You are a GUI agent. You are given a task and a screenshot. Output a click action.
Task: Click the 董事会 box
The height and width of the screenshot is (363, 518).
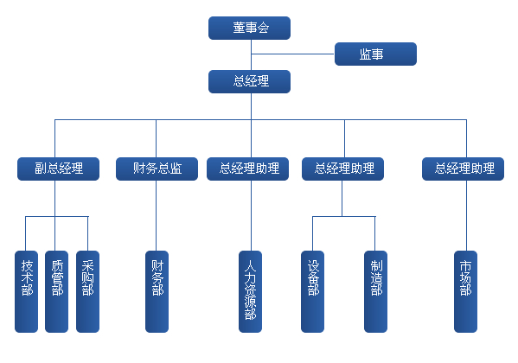249,28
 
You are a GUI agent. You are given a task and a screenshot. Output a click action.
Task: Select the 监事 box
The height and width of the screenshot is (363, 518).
375,54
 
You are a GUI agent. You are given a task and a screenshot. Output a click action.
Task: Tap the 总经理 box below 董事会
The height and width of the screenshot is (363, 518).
249,81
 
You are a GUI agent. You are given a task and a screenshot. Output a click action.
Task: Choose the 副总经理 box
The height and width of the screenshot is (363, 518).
58,169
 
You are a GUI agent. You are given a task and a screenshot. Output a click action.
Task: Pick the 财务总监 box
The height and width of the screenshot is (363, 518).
157,169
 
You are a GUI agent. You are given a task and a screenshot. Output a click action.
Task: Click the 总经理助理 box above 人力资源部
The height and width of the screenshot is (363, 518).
248,169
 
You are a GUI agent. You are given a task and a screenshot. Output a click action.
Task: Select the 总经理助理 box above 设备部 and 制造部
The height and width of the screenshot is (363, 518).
343,169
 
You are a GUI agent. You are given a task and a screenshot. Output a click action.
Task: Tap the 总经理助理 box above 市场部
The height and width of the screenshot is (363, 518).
464,169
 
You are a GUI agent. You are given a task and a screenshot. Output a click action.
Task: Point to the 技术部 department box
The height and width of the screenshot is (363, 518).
27,291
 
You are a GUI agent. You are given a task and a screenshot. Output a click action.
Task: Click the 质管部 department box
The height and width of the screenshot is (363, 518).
56,291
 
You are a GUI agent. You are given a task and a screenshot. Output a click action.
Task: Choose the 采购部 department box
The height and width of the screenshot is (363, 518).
87,291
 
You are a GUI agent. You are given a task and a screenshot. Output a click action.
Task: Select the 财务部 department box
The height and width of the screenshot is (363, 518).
157,291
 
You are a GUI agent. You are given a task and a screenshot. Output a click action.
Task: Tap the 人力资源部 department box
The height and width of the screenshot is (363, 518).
251,291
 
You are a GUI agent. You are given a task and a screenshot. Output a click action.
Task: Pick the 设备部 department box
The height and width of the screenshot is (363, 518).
312,291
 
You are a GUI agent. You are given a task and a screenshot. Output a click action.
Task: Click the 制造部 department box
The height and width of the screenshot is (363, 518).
375,291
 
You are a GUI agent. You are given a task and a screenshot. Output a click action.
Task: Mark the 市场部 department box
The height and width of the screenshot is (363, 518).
465,291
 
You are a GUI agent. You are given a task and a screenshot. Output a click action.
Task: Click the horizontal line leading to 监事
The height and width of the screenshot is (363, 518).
292,54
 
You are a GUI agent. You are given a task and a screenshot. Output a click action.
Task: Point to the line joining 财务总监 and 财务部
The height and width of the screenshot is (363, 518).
156,215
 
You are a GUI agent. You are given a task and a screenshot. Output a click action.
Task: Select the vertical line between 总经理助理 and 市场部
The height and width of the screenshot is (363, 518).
466,215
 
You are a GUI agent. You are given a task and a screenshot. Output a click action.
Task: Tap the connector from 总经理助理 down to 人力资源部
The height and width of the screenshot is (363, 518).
251,215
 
